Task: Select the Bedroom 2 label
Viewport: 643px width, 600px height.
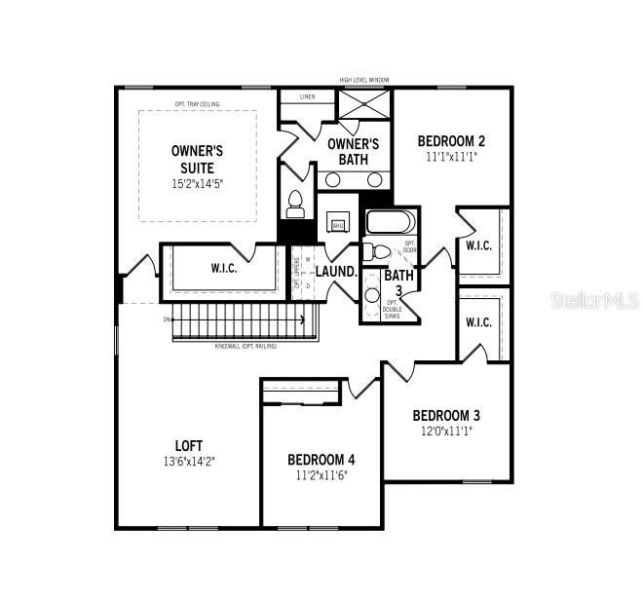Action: click(451, 140)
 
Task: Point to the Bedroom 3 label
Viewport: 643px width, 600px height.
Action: click(446, 415)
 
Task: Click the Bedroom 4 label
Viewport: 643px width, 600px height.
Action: click(321, 460)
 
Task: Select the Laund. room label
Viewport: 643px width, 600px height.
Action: click(336, 272)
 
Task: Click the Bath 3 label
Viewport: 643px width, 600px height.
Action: click(397, 282)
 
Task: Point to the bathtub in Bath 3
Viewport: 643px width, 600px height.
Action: click(391, 222)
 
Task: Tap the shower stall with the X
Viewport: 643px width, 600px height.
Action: click(364, 104)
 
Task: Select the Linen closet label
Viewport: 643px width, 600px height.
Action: click(309, 96)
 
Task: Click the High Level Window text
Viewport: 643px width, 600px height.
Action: click(365, 81)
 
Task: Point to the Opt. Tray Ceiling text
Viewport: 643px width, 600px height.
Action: click(198, 104)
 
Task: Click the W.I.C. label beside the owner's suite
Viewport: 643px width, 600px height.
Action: click(226, 268)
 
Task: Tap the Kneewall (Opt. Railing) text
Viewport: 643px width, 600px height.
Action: click(246, 346)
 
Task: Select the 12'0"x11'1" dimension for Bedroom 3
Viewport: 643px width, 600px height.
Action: click(446, 431)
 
